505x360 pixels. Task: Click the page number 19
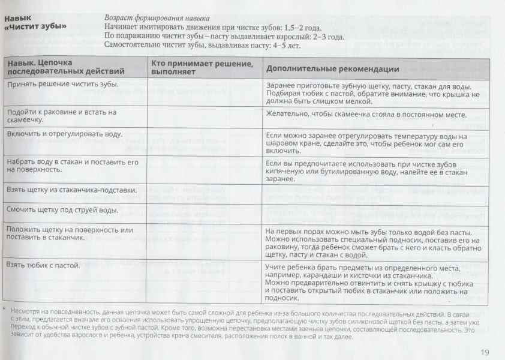point(485,352)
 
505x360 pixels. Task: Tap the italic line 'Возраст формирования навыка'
point(153,19)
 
